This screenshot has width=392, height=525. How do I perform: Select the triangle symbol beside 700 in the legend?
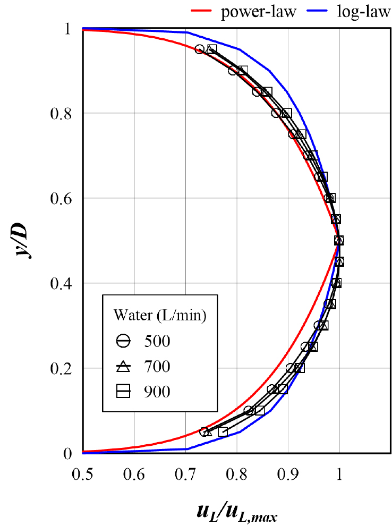(x=123, y=366)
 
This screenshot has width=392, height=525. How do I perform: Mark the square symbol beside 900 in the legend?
(x=123, y=392)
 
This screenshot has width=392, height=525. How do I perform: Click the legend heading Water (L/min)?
(x=160, y=316)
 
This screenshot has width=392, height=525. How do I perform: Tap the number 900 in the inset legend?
(x=157, y=392)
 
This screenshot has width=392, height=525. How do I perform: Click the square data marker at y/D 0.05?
(x=223, y=431)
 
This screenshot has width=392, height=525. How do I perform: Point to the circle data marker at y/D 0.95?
(x=200, y=49)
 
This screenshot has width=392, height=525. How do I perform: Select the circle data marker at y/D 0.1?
(x=248, y=410)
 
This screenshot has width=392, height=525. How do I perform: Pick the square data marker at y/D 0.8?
(x=287, y=113)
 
